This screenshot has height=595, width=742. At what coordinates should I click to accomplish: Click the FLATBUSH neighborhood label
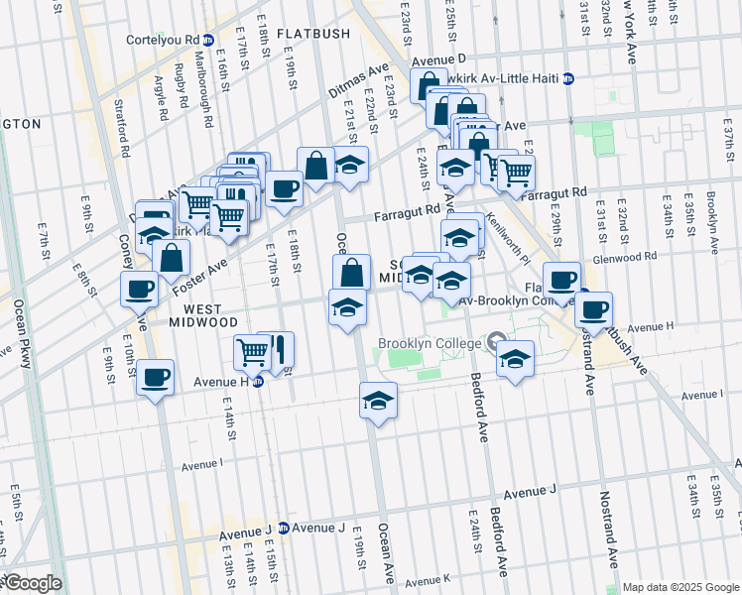click(313, 34)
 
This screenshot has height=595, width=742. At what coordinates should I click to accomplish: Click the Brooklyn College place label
click(428, 344)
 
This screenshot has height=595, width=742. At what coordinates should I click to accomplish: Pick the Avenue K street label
click(428, 580)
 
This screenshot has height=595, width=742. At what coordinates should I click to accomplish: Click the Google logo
click(32, 584)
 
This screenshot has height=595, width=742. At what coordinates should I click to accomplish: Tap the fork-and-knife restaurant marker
click(278, 348)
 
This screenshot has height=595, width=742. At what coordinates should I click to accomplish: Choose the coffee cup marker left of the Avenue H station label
click(156, 377)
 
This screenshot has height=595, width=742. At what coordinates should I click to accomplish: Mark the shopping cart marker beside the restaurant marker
click(252, 350)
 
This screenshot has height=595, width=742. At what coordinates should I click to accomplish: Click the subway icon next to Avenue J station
click(284, 528)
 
